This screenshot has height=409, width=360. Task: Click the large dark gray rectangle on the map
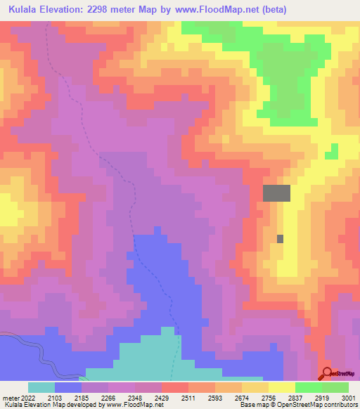coord(276,193)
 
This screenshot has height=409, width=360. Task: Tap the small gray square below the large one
coord(281,239)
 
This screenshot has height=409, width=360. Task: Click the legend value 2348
coord(135,397)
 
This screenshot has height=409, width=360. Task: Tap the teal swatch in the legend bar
coord(41,387)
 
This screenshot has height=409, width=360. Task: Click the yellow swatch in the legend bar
coord(281,387)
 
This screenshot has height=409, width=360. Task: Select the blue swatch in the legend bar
coord(68,387)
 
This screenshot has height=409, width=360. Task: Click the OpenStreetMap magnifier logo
coord(327,373)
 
